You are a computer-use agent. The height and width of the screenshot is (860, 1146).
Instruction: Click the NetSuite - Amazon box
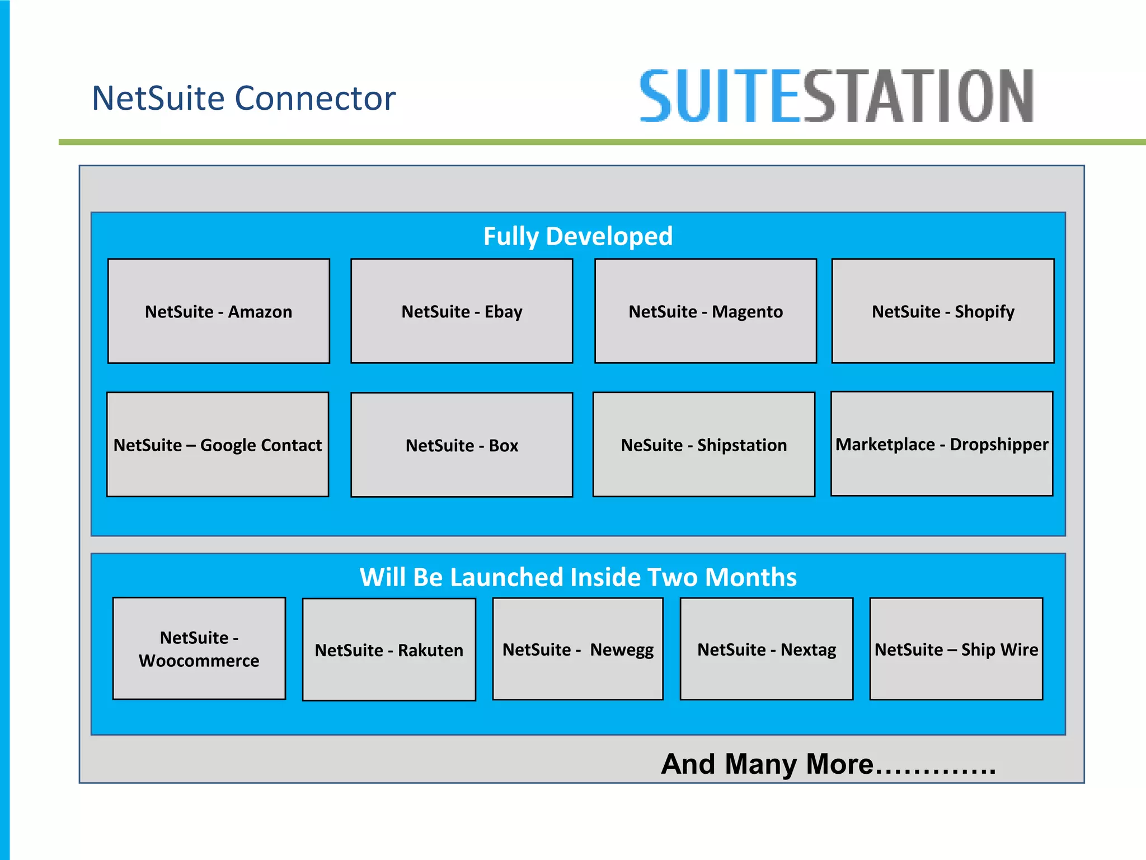218,311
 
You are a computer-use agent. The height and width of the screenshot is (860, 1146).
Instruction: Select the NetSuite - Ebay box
462,311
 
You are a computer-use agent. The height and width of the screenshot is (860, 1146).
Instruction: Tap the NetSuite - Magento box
705,311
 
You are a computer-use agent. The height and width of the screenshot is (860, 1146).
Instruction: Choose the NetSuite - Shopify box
943,311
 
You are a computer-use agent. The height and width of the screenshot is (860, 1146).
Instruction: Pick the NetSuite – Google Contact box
218,445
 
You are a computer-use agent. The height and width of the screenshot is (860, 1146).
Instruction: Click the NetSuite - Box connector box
462,445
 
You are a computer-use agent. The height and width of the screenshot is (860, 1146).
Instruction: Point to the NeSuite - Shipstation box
703,445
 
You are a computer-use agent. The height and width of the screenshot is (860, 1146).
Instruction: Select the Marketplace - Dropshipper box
942,443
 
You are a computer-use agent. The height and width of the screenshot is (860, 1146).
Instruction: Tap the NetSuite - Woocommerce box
199,648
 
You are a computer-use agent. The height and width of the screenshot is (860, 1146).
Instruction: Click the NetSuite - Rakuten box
389,649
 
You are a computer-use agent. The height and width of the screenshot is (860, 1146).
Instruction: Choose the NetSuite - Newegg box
577,649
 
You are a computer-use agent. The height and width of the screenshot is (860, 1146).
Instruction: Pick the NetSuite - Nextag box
767,649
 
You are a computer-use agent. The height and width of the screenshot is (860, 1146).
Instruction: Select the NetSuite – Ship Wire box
956,649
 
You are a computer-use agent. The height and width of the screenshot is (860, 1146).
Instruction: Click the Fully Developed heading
578,236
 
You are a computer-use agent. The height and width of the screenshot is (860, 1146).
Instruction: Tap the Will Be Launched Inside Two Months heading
578,577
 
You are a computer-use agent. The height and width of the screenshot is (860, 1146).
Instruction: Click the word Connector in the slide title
315,98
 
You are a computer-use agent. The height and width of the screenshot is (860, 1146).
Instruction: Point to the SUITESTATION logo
837,96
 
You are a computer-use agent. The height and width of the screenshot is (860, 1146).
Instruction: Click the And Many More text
828,764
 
